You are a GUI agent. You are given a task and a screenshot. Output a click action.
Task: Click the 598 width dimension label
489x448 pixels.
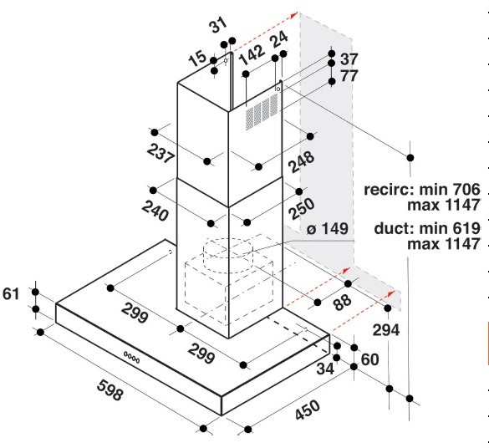click(110, 389)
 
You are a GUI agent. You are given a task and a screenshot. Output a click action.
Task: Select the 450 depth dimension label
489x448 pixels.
click(307, 410)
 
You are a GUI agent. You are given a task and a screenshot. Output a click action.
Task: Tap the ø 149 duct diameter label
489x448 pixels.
click(327, 228)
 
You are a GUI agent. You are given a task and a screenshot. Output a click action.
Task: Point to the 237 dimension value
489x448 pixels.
click(160, 153)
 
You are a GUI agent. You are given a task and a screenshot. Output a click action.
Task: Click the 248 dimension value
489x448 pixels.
click(302, 162)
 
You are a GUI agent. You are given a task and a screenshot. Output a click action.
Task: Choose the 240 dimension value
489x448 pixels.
click(155, 211)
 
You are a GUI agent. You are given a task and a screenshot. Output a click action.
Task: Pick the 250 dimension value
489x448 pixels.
click(301, 209)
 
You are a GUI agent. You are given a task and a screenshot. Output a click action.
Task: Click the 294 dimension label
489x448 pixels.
click(386, 330)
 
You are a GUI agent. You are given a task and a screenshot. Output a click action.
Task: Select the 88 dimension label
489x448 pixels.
click(342, 302)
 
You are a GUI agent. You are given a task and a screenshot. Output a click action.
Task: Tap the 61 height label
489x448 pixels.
click(11, 293)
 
